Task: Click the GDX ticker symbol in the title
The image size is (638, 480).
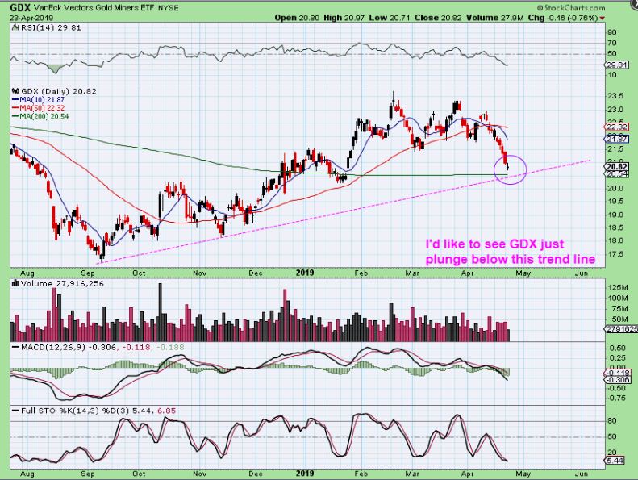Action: [x=16, y=6]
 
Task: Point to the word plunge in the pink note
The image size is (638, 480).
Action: [x=450, y=258]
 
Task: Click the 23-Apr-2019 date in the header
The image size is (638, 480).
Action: [x=30, y=17]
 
